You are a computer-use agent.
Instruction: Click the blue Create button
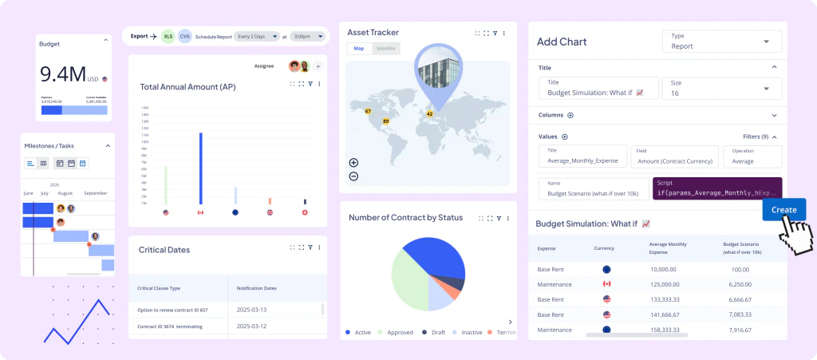(783, 210)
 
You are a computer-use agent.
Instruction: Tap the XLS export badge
(168, 37)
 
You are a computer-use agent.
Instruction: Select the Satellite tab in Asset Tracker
(385, 49)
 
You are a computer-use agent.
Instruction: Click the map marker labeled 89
(386, 121)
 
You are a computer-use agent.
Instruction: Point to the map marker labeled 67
(368, 111)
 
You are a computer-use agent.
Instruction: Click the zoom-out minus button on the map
(353, 176)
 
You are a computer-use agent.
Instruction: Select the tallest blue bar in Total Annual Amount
(200, 168)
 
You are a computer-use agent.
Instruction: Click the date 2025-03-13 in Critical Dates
(251, 309)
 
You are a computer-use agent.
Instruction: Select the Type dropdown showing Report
(722, 42)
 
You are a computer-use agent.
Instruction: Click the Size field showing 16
(722, 88)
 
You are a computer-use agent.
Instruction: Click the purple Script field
(716, 188)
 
